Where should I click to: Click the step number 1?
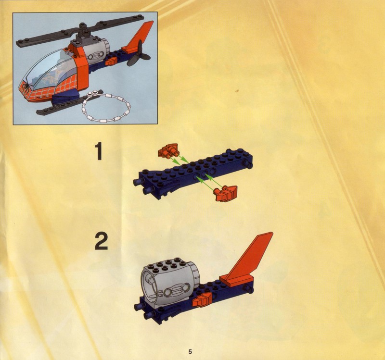click(x=99, y=152)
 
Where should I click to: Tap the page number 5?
click(x=190, y=352)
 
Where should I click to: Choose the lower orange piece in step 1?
click(x=226, y=193)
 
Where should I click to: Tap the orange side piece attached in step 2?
click(x=202, y=299)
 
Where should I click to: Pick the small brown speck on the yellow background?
click(x=236, y=91)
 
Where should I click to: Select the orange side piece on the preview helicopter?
click(x=111, y=61)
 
